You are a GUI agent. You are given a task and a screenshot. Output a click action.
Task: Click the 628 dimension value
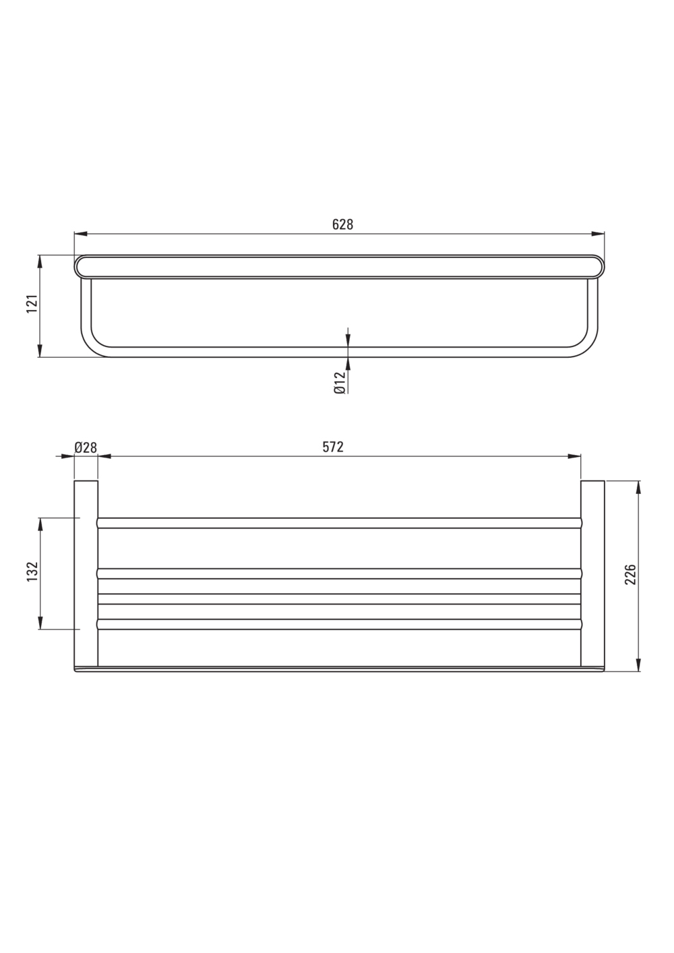(x=342, y=224)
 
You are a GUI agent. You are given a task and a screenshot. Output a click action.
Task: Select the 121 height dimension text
(x=33, y=304)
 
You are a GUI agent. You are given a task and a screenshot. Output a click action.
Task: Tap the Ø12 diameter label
(x=339, y=382)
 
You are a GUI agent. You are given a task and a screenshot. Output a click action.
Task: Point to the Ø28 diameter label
(x=86, y=448)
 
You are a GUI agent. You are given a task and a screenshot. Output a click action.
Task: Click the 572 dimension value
(x=333, y=447)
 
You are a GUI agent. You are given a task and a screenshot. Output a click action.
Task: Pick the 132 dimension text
(x=33, y=572)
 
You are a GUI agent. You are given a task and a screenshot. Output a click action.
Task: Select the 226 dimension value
(x=630, y=574)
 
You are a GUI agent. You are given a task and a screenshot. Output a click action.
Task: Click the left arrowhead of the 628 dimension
(x=80, y=234)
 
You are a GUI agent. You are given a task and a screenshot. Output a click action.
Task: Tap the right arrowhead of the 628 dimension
(x=598, y=234)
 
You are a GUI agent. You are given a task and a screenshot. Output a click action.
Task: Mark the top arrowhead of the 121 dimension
(x=40, y=262)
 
